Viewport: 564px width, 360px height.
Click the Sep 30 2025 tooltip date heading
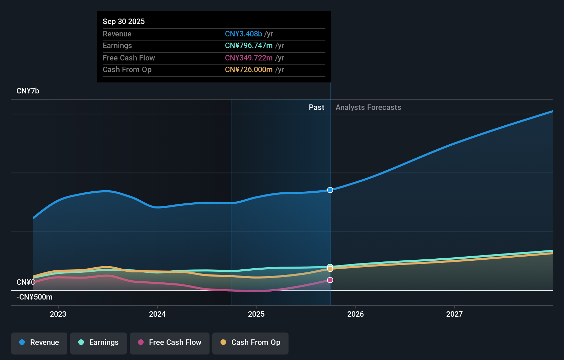click(x=124, y=21)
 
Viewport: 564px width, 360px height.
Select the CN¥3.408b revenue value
click(x=243, y=34)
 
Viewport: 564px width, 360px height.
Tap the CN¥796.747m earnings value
click(x=249, y=45)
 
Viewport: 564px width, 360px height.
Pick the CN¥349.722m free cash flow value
click(x=249, y=58)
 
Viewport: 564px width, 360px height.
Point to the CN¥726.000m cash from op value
click(x=249, y=69)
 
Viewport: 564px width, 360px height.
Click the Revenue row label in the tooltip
click(x=117, y=34)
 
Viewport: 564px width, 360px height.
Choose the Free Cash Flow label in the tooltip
click(x=129, y=58)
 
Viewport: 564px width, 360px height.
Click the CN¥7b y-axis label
click(x=28, y=91)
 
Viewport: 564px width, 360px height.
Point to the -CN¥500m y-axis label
click(x=34, y=297)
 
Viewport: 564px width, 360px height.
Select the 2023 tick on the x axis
click(x=58, y=314)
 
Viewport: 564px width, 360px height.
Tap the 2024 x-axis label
click(x=157, y=314)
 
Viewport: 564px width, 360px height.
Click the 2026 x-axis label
click(x=356, y=314)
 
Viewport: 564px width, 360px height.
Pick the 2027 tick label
click(x=454, y=314)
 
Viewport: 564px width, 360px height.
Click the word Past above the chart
click(x=316, y=107)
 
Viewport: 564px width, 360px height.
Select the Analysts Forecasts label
click(x=368, y=107)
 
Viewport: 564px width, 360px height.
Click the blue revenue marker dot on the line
click(x=330, y=190)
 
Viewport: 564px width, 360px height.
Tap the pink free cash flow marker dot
click(x=330, y=280)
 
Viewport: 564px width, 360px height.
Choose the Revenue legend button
click(x=39, y=342)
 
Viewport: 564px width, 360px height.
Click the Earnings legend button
click(x=99, y=342)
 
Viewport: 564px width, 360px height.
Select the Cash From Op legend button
click(x=250, y=342)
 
